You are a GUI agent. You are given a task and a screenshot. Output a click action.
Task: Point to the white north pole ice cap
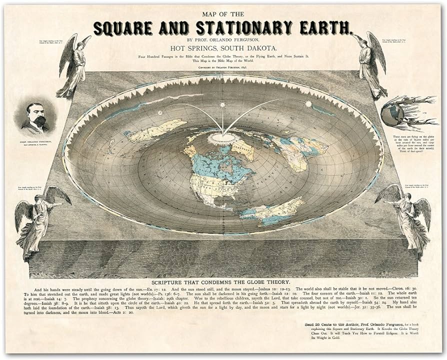(x=218, y=136)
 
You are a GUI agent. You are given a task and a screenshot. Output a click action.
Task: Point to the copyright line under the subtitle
(x=223, y=66)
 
